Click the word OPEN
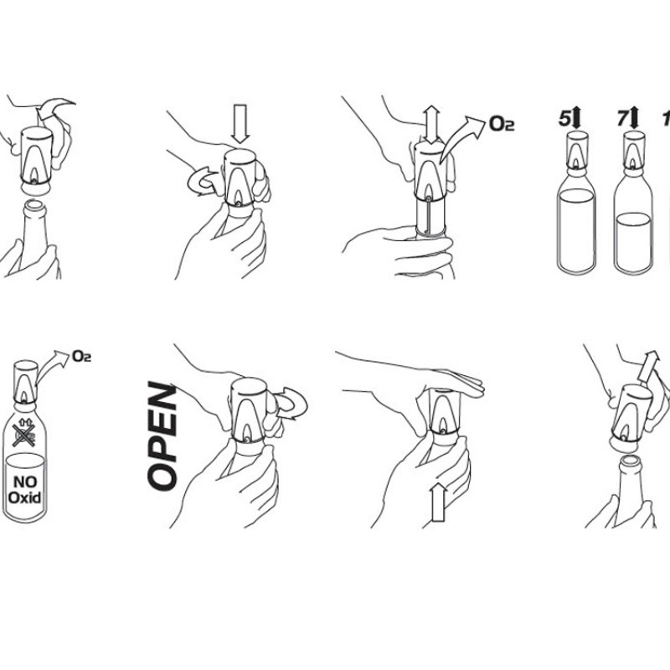pos(162,435)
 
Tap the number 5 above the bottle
pos(564,118)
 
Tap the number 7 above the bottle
pos(622,118)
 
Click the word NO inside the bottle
pos(25,482)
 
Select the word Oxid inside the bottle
pos(25,497)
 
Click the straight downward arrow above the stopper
pos(240,124)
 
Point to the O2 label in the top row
pos(501,124)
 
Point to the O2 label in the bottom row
pos(81,356)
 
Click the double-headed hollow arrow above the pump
pos(431,124)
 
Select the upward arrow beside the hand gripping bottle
pos(438,502)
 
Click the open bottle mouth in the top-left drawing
pos(35,205)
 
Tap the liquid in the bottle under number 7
pos(634,241)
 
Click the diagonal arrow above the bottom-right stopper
pos(648,366)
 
